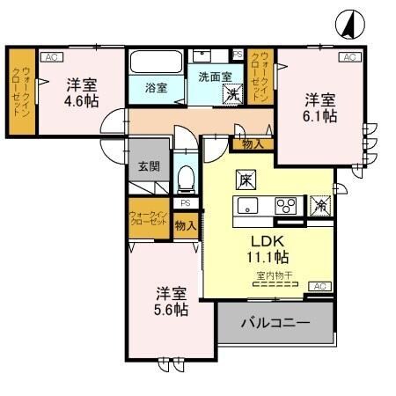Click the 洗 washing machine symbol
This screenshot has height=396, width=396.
[231, 93]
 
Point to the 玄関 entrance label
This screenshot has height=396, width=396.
[147, 165]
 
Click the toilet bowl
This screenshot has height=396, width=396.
[186, 180]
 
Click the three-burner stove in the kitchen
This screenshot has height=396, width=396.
[286, 207]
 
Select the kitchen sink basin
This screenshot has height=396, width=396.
[247, 207]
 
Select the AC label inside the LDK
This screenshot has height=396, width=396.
[319, 286]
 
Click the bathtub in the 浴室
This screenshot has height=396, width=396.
[156, 63]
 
